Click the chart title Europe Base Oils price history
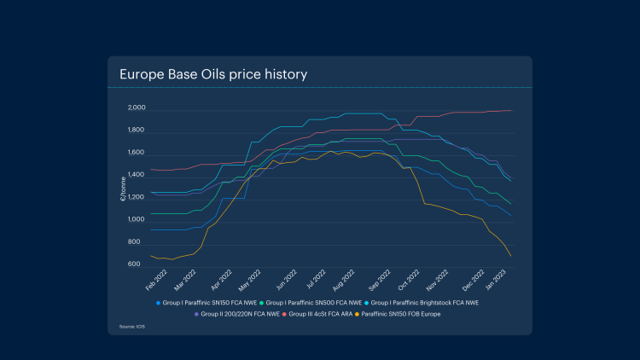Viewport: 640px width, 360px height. [213, 74]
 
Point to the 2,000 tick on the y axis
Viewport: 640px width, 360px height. [137, 109]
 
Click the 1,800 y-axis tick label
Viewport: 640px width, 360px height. [137, 131]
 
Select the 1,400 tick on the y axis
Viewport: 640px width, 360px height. [137, 176]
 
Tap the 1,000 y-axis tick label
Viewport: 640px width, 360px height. [137, 220]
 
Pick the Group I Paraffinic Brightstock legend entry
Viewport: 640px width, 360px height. [424, 303]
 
